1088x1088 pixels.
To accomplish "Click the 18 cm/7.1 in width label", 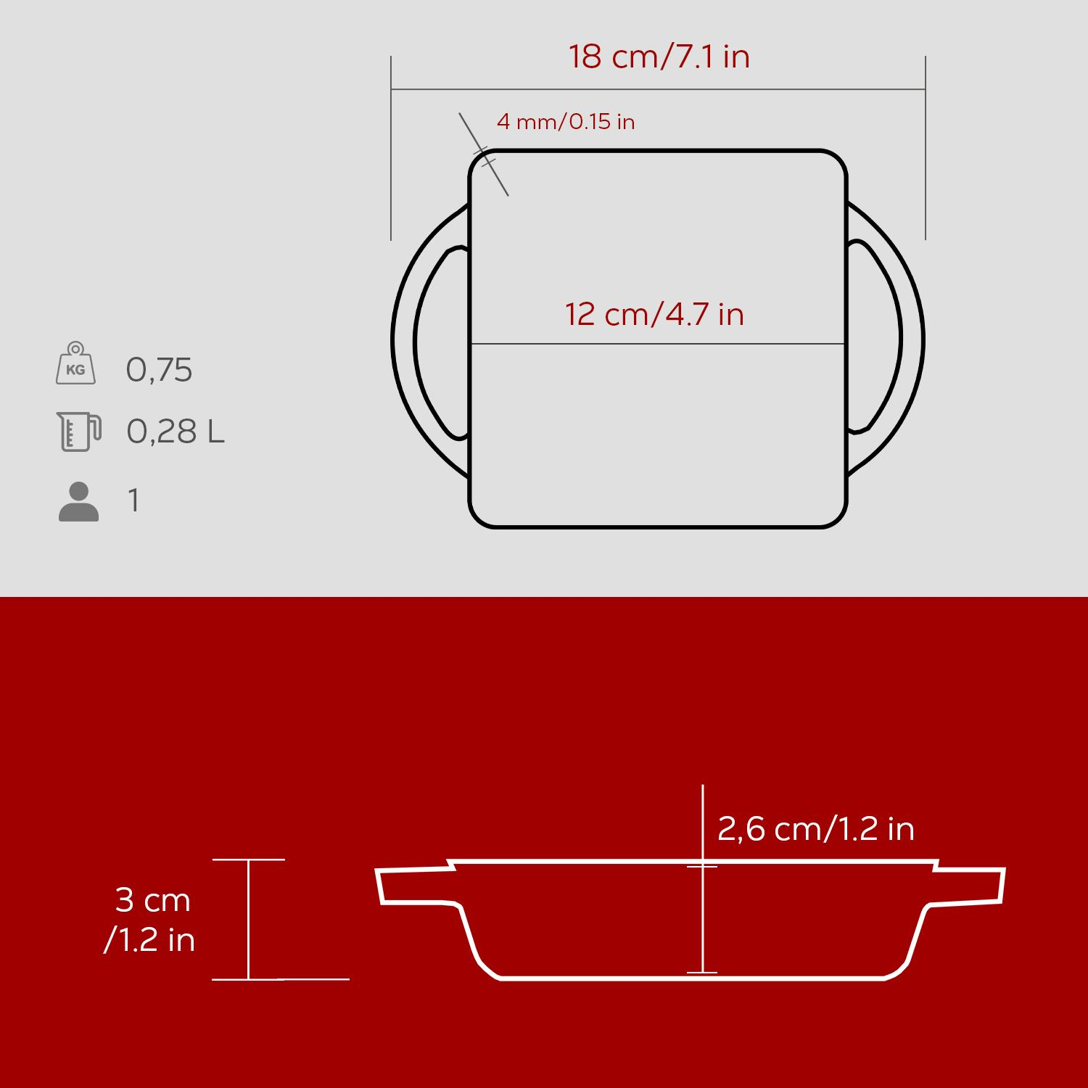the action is coord(659,57).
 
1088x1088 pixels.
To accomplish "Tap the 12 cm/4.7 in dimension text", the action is coord(654,314).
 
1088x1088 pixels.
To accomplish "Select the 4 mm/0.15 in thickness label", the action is coord(566,121).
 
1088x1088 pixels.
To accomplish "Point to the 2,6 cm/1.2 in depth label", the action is coord(816,828).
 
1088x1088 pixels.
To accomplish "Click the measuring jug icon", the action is coord(78,432).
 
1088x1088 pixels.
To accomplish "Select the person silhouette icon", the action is coord(78,501).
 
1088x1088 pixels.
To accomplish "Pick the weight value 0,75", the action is coord(159,370).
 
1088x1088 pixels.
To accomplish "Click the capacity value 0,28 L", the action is coord(176,432).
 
